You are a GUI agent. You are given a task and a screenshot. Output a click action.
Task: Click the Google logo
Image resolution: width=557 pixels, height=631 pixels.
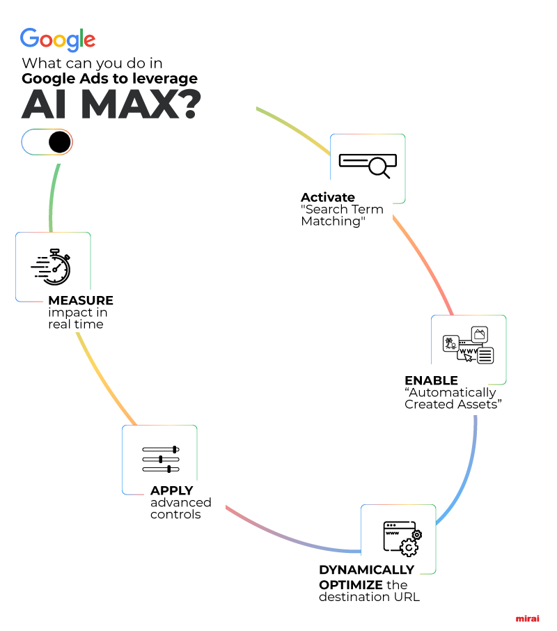click(x=58, y=40)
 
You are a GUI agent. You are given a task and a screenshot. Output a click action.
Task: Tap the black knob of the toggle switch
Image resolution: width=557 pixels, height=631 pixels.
click(x=59, y=142)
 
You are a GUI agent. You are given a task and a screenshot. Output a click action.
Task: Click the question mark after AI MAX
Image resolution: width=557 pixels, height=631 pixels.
click(x=187, y=104)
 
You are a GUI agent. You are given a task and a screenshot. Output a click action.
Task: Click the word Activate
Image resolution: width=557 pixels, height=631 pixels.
click(x=328, y=197)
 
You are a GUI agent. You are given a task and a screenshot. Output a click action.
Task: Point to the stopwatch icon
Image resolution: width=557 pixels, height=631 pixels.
click(x=51, y=267)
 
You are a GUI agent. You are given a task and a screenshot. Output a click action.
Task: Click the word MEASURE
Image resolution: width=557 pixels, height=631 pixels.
click(x=81, y=300)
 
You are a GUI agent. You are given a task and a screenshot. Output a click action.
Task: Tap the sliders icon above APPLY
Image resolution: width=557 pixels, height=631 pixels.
click(x=161, y=459)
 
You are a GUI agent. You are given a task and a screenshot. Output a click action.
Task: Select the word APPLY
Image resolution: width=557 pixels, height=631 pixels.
click(x=172, y=490)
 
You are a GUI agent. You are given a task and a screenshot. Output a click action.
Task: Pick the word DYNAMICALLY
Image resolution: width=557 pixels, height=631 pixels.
click(x=366, y=570)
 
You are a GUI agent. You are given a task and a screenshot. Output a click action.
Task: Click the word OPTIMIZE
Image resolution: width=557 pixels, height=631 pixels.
click(x=351, y=585)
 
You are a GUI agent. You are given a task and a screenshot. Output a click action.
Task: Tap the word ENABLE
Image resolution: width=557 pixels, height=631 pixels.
click(x=431, y=380)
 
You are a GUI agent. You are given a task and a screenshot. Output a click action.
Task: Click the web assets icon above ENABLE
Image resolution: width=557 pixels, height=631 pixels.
click(x=469, y=345)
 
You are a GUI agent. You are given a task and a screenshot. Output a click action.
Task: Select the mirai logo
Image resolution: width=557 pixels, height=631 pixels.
click(x=528, y=618)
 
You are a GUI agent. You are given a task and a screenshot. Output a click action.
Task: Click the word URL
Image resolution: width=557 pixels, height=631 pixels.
click(x=407, y=597)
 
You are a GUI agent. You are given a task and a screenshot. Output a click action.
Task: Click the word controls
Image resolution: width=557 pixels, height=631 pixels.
click(x=175, y=514)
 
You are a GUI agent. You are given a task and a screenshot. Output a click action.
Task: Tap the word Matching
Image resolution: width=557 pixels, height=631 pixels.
click(x=333, y=221)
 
